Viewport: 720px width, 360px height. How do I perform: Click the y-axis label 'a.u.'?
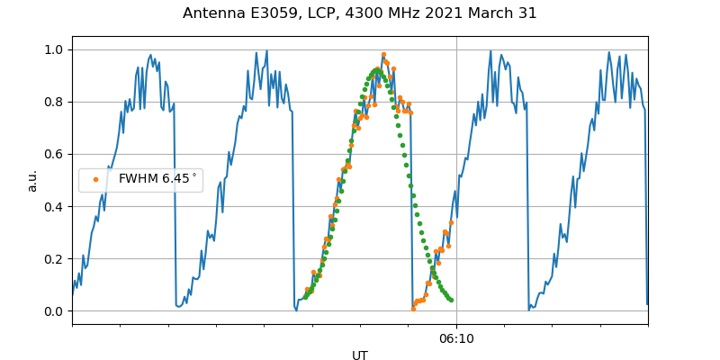(32, 180)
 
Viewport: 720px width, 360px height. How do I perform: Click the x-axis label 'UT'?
(360, 355)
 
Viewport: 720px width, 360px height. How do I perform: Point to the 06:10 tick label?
(456, 338)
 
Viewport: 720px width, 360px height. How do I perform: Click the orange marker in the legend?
(96, 179)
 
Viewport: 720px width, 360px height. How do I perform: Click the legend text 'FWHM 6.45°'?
(157, 179)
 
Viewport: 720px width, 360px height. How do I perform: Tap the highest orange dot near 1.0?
(383, 55)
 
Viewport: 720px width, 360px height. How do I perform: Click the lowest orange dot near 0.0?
(413, 309)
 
